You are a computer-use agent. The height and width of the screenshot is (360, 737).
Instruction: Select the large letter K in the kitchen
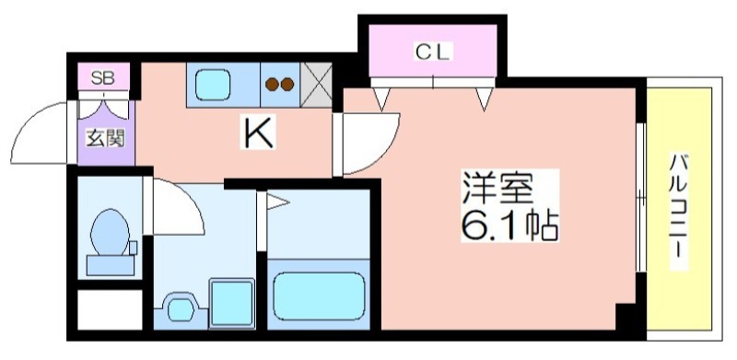click(258, 134)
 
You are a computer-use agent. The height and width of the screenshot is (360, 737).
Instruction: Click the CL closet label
click(432, 52)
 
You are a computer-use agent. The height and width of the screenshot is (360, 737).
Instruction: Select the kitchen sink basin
click(212, 85)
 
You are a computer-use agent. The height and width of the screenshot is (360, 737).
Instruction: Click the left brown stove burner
click(273, 86)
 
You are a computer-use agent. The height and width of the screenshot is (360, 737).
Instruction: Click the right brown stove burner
click(287, 86)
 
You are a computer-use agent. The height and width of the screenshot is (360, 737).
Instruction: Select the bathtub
click(319, 295)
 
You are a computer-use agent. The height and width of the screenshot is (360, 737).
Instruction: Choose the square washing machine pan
click(230, 301)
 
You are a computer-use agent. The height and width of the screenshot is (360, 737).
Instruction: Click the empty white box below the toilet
click(110, 309)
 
